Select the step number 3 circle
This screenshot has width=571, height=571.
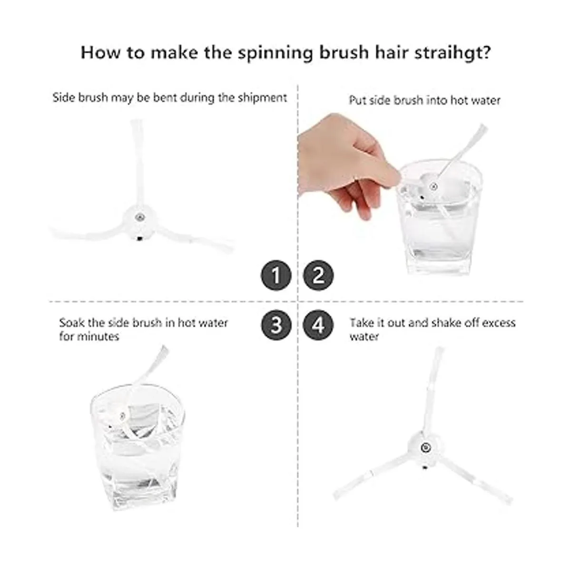point(276,325)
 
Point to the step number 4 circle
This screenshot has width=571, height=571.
point(318,325)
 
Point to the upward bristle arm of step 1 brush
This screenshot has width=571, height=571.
point(138,163)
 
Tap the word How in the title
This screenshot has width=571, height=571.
point(100,53)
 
